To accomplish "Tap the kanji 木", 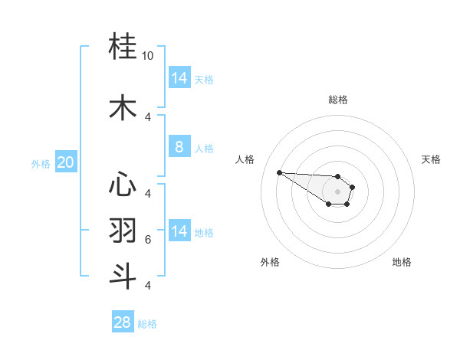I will click(123, 107).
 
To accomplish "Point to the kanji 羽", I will click(123, 230).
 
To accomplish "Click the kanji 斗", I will click(123, 276).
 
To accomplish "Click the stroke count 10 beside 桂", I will click(148, 56).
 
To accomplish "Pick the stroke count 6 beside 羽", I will click(148, 240).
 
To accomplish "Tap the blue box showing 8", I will click(179, 147).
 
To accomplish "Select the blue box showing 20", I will click(65, 162).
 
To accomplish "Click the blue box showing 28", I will click(123, 322).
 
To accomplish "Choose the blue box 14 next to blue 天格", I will click(179, 78).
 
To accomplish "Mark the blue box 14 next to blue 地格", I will click(179, 231).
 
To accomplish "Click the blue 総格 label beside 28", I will click(147, 324).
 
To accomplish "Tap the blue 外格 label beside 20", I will click(41, 163).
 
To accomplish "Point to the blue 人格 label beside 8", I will click(204, 148).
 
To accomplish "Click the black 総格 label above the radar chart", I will click(337, 100).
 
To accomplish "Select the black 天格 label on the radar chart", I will click(431, 159).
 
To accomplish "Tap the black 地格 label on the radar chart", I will click(402, 262).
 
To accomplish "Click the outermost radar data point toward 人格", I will click(279, 172).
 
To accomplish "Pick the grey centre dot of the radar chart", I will click(337, 191).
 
